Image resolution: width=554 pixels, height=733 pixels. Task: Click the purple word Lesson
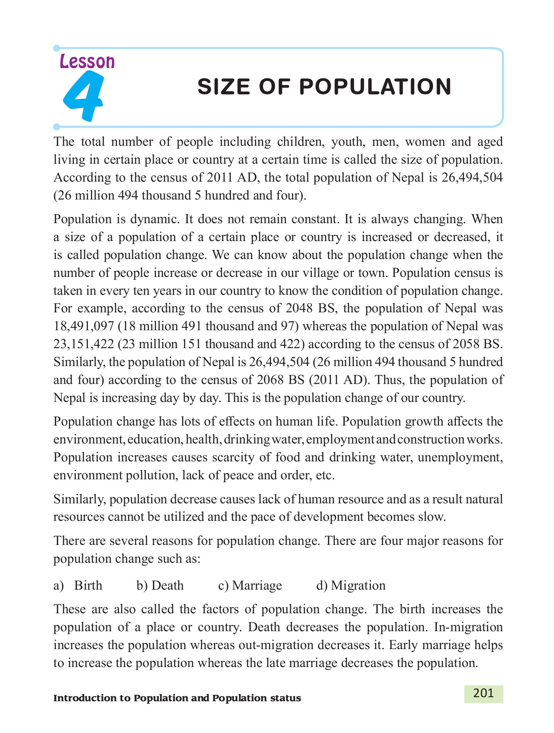pos(87,61)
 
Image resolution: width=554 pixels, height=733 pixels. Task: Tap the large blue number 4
pos(83,97)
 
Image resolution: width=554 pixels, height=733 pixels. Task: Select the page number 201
pos(484,693)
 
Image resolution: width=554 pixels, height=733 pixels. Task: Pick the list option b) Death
pos(160,586)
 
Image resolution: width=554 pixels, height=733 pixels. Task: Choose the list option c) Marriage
pos(250,586)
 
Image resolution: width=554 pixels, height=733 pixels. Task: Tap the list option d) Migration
pos(350,586)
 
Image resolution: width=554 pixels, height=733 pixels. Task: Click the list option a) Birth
pos(78,586)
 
